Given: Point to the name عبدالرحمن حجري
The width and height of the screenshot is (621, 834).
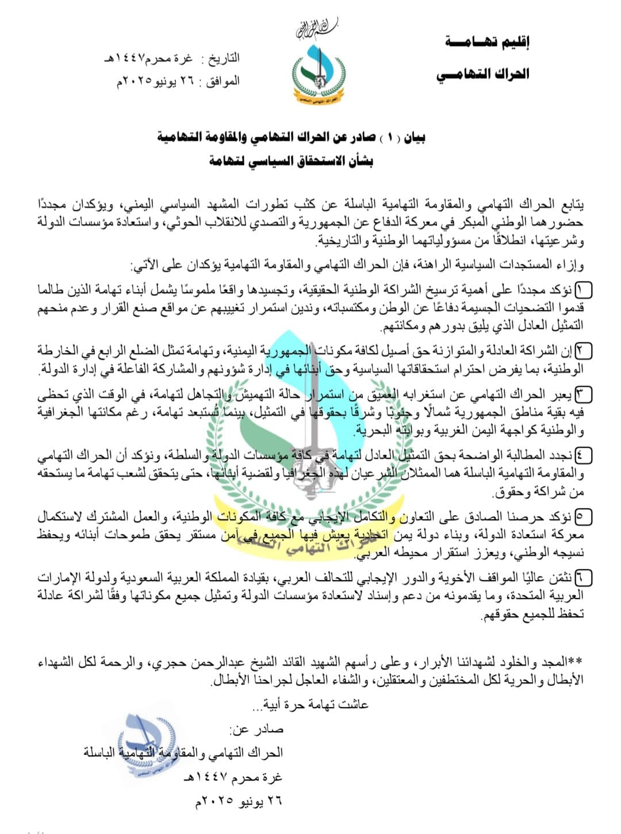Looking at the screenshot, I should (185, 664).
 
